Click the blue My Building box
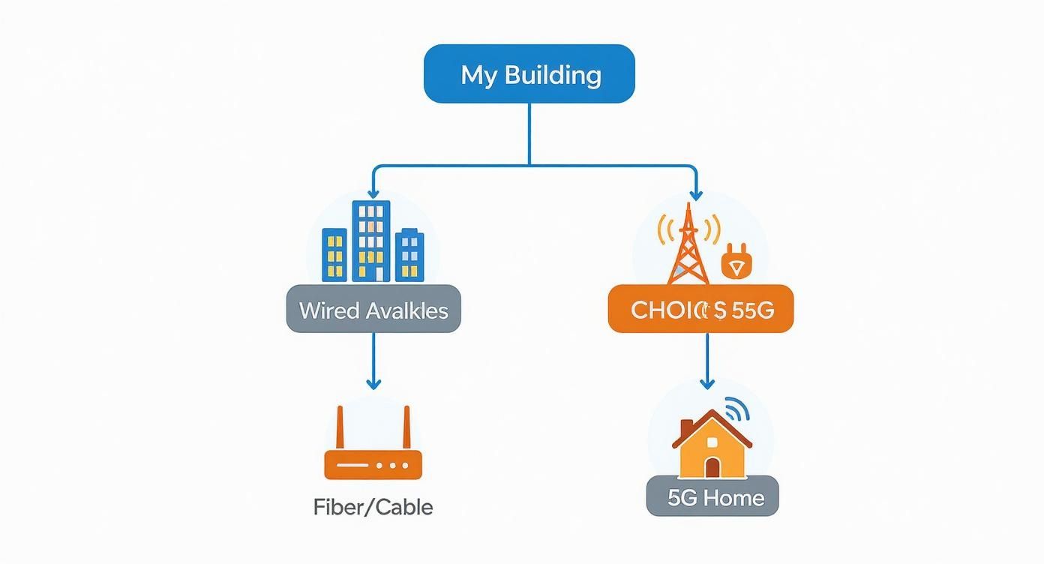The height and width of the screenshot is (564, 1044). (x=529, y=73)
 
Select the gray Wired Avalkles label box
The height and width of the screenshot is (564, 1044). (x=373, y=309)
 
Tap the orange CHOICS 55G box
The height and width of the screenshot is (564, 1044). (x=700, y=309)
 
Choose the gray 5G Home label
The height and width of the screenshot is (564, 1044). (x=712, y=496)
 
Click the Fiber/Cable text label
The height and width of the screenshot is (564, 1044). (x=373, y=507)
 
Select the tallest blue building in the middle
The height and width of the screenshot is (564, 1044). (x=371, y=240)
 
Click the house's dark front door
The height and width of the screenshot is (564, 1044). (x=712, y=468)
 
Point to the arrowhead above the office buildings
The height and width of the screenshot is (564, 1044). (x=373, y=195)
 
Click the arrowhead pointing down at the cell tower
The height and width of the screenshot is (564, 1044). (x=697, y=195)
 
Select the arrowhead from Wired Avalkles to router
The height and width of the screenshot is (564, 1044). (x=373, y=383)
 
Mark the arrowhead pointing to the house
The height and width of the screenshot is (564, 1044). (x=706, y=383)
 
